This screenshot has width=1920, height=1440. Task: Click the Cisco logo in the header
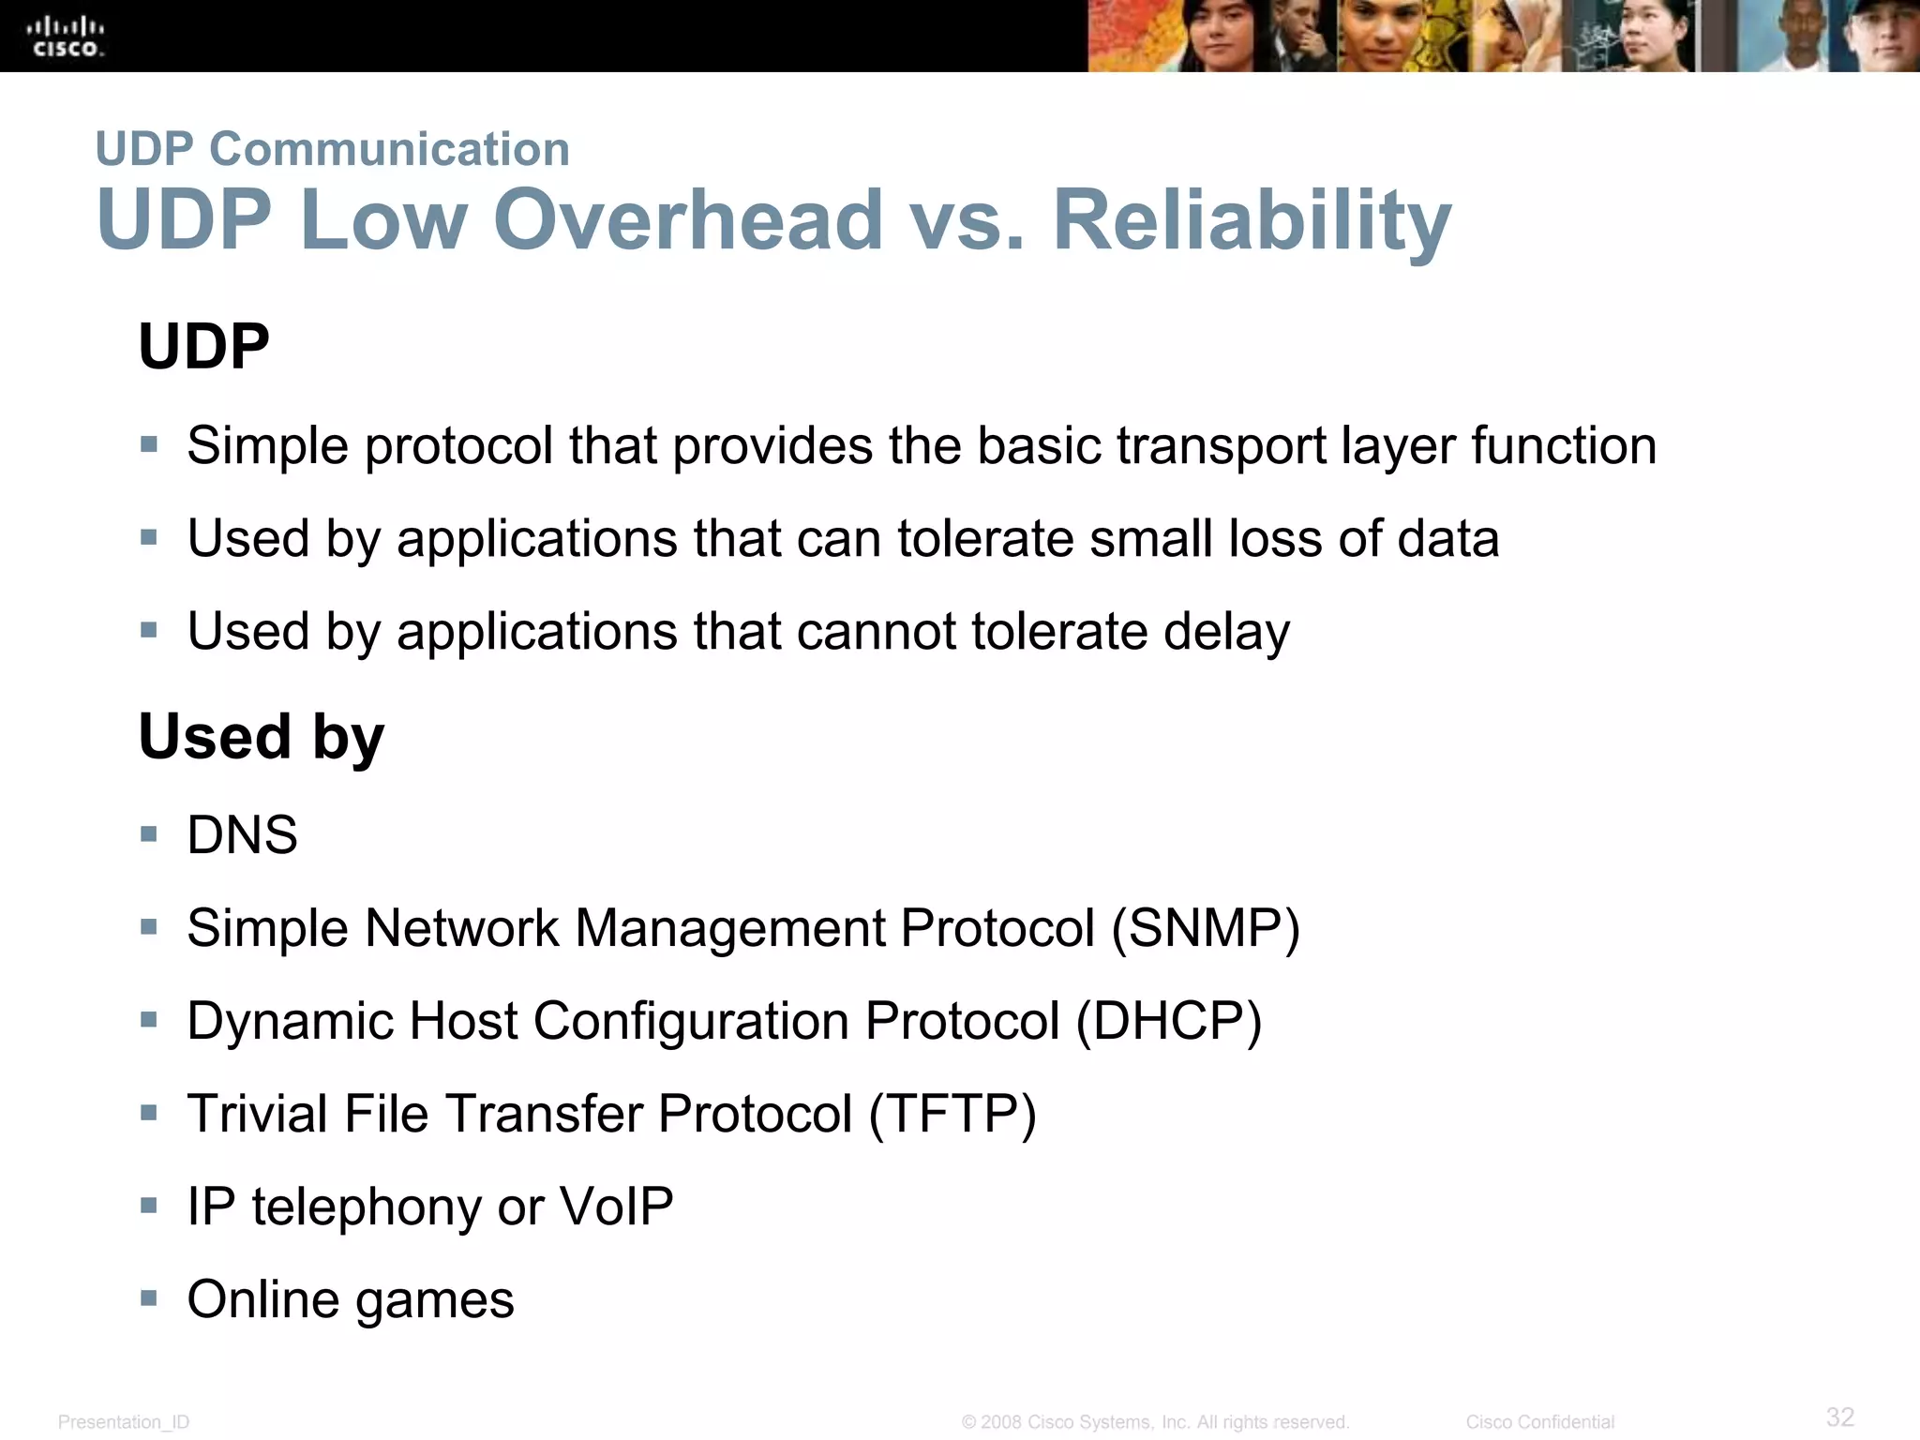click(x=66, y=37)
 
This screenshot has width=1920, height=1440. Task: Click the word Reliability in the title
click(x=1252, y=221)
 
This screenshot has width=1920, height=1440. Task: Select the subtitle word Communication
click(x=389, y=149)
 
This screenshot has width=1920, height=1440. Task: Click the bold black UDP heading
click(x=203, y=346)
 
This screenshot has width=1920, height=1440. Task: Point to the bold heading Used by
click(x=261, y=737)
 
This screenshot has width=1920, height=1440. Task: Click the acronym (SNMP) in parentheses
click(x=1206, y=928)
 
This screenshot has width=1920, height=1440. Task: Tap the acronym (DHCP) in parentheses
click(x=1169, y=1021)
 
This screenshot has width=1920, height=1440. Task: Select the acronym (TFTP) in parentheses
click(x=952, y=1114)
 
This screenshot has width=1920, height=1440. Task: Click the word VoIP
click(x=616, y=1206)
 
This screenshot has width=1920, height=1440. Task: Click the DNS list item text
click(x=242, y=834)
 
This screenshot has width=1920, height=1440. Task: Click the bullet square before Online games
click(x=149, y=1297)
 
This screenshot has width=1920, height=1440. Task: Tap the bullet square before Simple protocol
click(x=149, y=443)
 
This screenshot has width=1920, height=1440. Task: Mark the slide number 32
click(x=1839, y=1416)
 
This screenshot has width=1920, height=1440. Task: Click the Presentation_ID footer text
click(x=124, y=1422)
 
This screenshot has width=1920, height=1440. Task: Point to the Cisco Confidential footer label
click(x=1539, y=1422)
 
